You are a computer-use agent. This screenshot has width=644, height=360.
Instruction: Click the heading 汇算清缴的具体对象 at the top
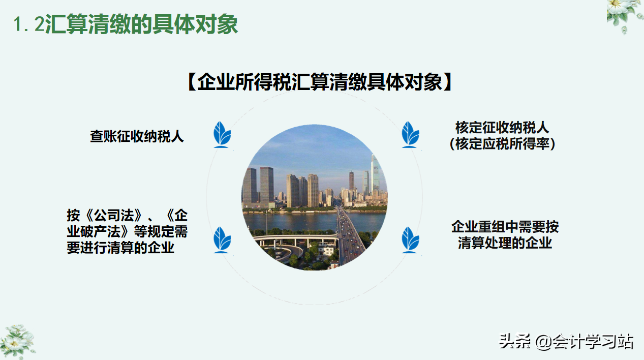(141, 24)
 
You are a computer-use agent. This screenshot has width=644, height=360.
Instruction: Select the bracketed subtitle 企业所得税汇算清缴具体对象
(320, 82)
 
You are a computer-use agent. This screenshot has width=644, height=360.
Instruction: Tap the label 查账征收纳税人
(137, 136)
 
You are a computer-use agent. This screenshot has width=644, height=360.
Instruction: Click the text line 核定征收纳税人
(502, 127)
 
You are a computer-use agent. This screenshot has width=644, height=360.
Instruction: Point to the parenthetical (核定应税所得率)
(502, 144)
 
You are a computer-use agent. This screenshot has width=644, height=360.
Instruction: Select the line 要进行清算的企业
(120, 248)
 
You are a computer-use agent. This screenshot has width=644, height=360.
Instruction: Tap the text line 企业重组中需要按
(505, 226)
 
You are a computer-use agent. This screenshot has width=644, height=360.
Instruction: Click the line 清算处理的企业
(505, 243)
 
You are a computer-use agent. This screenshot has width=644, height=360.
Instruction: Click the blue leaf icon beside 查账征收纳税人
(222, 134)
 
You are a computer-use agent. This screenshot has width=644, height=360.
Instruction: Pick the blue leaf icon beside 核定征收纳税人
(410, 134)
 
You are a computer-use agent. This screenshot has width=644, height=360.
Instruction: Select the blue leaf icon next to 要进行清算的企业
(222, 239)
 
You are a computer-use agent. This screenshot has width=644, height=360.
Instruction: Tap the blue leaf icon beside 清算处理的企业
(410, 239)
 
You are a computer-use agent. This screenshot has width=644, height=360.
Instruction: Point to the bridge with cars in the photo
(348, 234)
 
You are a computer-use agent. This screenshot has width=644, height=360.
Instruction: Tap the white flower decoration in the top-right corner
(625, 14)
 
